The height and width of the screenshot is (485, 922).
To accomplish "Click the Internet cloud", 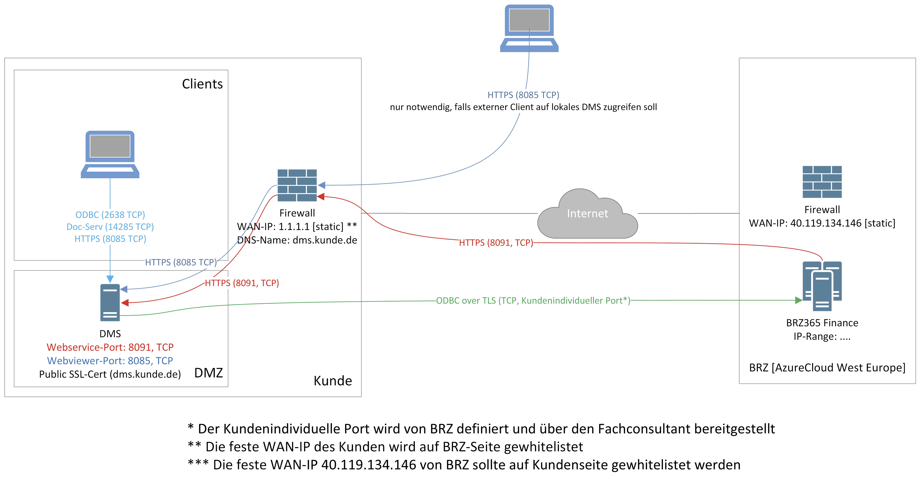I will [x=587, y=214].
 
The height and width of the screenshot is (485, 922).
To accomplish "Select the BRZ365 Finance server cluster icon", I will [x=822, y=286].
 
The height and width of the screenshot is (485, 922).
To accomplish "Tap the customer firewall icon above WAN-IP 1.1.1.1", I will [x=297, y=185].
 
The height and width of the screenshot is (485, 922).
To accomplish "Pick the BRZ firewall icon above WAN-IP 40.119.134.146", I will [x=822, y=182].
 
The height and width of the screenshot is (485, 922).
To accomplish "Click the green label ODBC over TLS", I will [x=533, y=300].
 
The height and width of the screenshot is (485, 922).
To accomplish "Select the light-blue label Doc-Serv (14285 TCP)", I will [x=110, y=227].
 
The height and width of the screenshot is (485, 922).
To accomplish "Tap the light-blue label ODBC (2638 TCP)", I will [x=110, y=215].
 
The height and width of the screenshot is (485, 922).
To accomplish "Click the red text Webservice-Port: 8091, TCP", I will [x=110, y=347].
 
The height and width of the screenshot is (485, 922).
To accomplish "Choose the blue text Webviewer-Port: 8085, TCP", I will [x=110, y=361].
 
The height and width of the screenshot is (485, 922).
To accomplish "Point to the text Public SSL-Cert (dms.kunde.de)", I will [x=110, y=374].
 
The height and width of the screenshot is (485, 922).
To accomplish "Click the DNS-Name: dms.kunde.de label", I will [x=297, y=240].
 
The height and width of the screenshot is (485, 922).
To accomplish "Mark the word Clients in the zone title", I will [x=202, y=84].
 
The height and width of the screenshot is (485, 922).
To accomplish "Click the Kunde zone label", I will [x=333, y=381].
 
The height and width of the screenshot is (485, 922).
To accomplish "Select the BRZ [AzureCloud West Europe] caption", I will [x=827, y=368].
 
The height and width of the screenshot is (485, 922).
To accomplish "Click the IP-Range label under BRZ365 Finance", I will [x=822, y=337].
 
